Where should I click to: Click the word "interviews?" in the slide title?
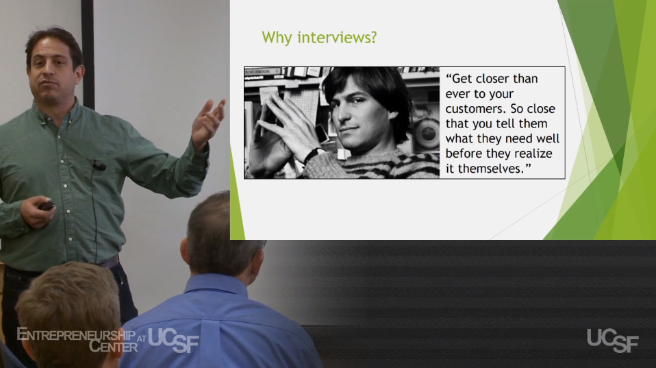coord(337,38)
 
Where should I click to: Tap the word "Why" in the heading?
coord(277,38)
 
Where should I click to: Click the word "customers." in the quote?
coord(472,109)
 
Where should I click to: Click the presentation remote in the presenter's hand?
coord(46,206)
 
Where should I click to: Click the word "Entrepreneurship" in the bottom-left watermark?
coord(76,335)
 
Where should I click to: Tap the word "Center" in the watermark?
coord(113,346)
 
